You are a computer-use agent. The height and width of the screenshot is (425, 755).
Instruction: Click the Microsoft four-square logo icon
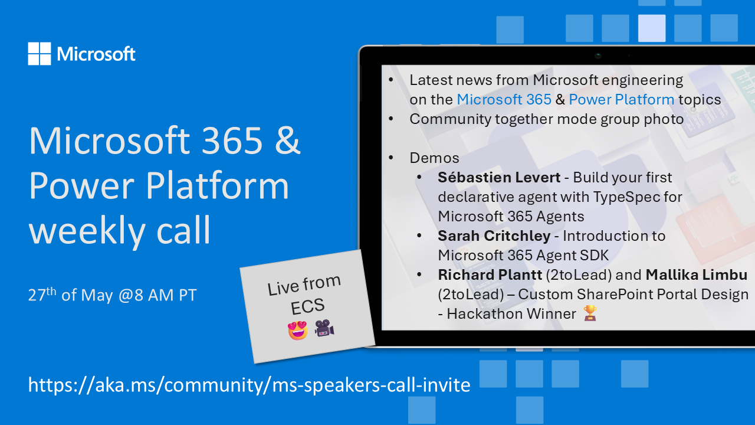pyautogui.click(x=40, y=54)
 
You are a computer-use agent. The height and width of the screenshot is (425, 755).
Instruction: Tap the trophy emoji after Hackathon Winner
pyautogui.click(x=590, y=313)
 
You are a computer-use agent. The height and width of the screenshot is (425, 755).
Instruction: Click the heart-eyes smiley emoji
pyautogui.click(x=298, y=330)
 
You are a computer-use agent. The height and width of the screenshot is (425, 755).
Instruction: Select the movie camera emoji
pyautogui.click(x=324, y=328)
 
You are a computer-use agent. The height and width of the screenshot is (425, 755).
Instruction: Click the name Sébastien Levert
pyautogui.click(x=499, y=178)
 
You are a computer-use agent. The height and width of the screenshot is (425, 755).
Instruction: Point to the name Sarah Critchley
pyautogui.click(x=494, y=236)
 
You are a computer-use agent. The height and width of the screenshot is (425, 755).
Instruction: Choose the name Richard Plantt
pyautogui.click(x=490, y=275)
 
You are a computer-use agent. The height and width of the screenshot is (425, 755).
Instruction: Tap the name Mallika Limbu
pyautogui.click(x=697, y=275)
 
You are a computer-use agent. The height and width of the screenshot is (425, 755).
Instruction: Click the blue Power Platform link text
pyautogui.click(x=622, y=100)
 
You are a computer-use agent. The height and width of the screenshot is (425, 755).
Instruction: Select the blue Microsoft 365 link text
pyautogui.click(x=504, y=100)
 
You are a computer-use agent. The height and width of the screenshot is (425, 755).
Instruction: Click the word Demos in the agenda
pyautogui.click(x=434, y=158)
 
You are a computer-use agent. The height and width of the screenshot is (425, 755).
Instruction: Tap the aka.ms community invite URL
pyautogui.click(x=249, y=385)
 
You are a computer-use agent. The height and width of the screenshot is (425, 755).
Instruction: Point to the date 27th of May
pyautogui.click(x=70, y=295)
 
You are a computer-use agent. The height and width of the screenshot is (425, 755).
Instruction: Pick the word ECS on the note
pyautogui.click(x=307, y=306)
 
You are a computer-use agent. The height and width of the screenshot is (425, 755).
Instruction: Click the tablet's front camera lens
pyautogui.click(x=598, y=55)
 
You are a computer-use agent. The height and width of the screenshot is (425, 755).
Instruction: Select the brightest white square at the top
pyautogui.click(x=652, y=28)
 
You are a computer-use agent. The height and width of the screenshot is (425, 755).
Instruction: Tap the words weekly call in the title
pyautogui.click(x=120, y=230)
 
